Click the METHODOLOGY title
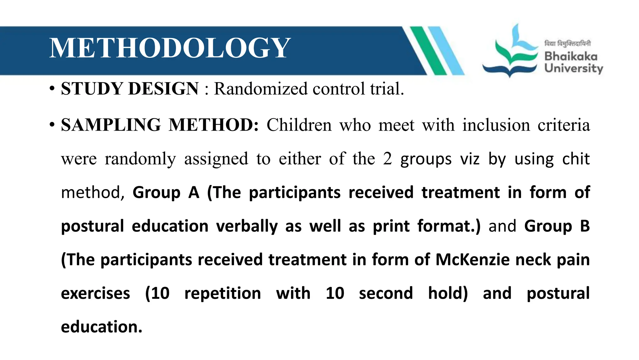pos(170,48)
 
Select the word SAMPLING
pos(111,125)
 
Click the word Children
pos(299,125)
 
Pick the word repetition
pos(222,293)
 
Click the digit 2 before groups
pos(387,159)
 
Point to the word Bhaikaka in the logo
pos(571,57)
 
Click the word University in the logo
pos(573,68)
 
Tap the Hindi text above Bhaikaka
pos(567,43)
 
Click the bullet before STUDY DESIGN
pos(52,89)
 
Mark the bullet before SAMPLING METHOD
pos(52,125)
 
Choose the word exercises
pos(95,293)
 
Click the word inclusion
pos(496,125)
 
